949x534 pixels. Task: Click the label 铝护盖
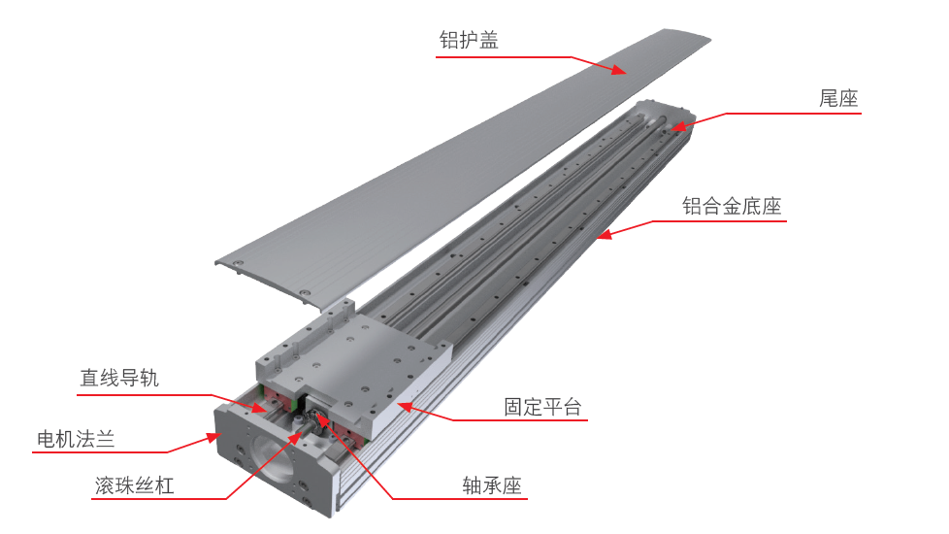click(x=469, y=41)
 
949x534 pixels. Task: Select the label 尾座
click(x=838, y=98)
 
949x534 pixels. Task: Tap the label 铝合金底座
click(x=732, y=206)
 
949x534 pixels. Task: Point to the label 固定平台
click(x=542, y=406)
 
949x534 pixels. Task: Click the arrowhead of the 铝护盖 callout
click(x=623, y=71)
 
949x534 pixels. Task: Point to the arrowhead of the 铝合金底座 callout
click(x=601, y=234)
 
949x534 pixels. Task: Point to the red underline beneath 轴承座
click(x=466, y=500)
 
